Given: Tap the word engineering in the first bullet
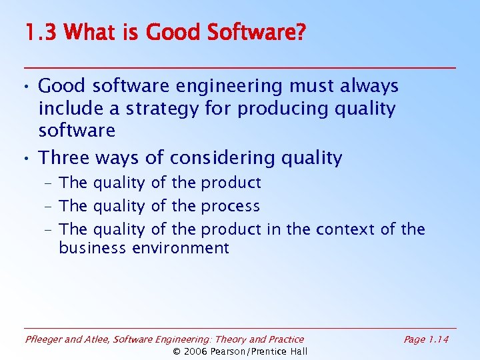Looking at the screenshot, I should (223, 87).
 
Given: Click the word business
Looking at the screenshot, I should (91, 249).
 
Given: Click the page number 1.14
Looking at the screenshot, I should (438, 340).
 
